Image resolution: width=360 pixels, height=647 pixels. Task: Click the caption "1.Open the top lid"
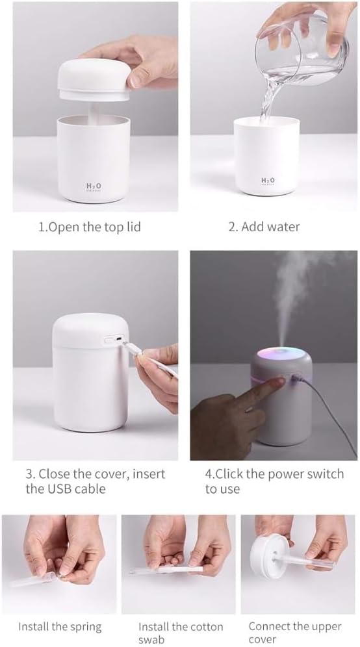pyautogui.click(x=89, y=227)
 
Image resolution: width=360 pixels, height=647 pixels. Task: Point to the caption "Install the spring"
pyautogui.click(x=60, y=627)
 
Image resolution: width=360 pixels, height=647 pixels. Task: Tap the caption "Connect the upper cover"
pyautogui.click(x=294, y=633)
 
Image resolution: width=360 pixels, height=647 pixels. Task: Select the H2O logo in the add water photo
pyautogui.click(x=268, y=180)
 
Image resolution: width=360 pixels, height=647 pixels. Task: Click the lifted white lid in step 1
pyautogui.click(x=94, y=78)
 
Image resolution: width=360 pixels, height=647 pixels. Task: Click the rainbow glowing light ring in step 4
pyautogui.click(x=276, y=356)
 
